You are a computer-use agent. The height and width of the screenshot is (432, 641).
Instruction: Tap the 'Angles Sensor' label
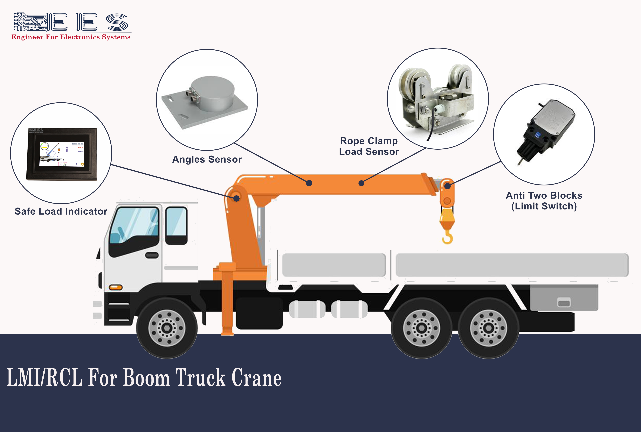tap(207, 159)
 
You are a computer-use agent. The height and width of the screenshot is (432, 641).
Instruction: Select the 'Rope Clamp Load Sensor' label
tap(369, 146)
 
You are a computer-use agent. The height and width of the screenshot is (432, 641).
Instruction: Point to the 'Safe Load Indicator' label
tap(61, 211)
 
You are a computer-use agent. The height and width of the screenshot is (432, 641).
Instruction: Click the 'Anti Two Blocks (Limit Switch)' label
tap(544, 201)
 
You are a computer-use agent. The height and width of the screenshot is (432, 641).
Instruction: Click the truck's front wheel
tap(167, 328)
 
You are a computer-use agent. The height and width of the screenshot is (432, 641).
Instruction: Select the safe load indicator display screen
tap(62, 154)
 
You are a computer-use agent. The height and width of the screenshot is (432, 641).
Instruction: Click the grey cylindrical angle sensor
tap(212, 94)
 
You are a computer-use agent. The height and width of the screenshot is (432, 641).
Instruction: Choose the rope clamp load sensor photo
tap(437, 100)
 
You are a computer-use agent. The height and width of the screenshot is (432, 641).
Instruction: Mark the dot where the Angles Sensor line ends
tap(309, 183)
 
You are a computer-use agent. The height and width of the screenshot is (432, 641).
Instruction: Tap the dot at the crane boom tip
tap(448, 186)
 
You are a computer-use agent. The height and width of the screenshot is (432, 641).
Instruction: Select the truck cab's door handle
tap(152, 255)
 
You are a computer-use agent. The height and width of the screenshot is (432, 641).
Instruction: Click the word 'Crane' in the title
tap(257, 378)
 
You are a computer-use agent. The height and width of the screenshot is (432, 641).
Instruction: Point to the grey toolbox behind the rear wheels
tap(564, 298)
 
